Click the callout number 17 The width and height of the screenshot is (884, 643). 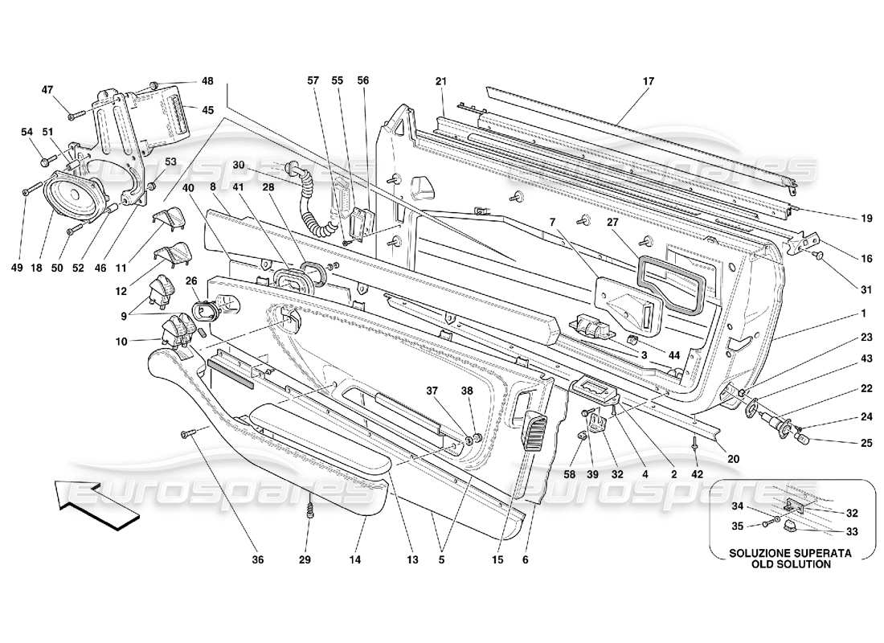pyautogui.click(x=648, y=81)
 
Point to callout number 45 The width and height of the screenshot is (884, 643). pyautogui.click(x=207, y=110)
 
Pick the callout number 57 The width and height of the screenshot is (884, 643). pyautogui.click(x=313, y=81)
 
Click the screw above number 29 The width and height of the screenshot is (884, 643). pyautogui.click(x=309, y=509)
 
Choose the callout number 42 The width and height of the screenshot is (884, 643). pyautogui.click(x=696, y=474)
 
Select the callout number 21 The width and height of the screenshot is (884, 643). pyautogui.click(x=440, y=81)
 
